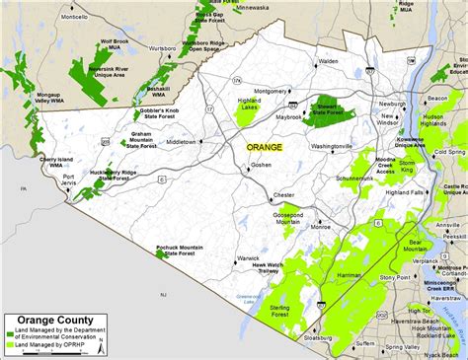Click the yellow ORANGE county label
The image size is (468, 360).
(x=265, y=147)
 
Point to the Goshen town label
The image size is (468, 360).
(x=261, y=166)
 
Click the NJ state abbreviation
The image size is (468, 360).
(x=165, y=295)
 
